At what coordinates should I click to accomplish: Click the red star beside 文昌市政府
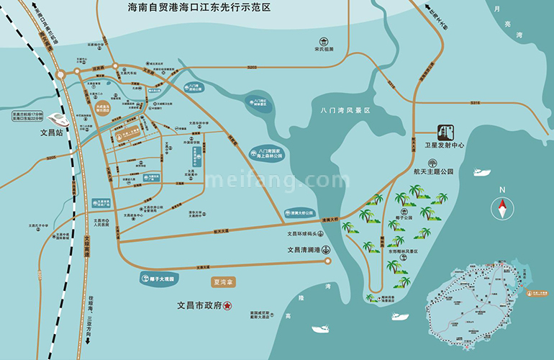pyautogui.click(x=227, y=305)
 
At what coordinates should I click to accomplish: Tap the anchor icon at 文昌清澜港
pyautogui.click(x=326, y=250)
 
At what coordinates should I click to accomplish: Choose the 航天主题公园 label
pyautogui.click(x=433, y=171)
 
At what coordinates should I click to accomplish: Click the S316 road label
pyautogui.click(x=475, y=103)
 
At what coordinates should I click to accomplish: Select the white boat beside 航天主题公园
pyautogui.click(x=482, y=172)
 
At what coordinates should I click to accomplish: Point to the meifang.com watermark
pyautogui.click(x=266, y=179)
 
